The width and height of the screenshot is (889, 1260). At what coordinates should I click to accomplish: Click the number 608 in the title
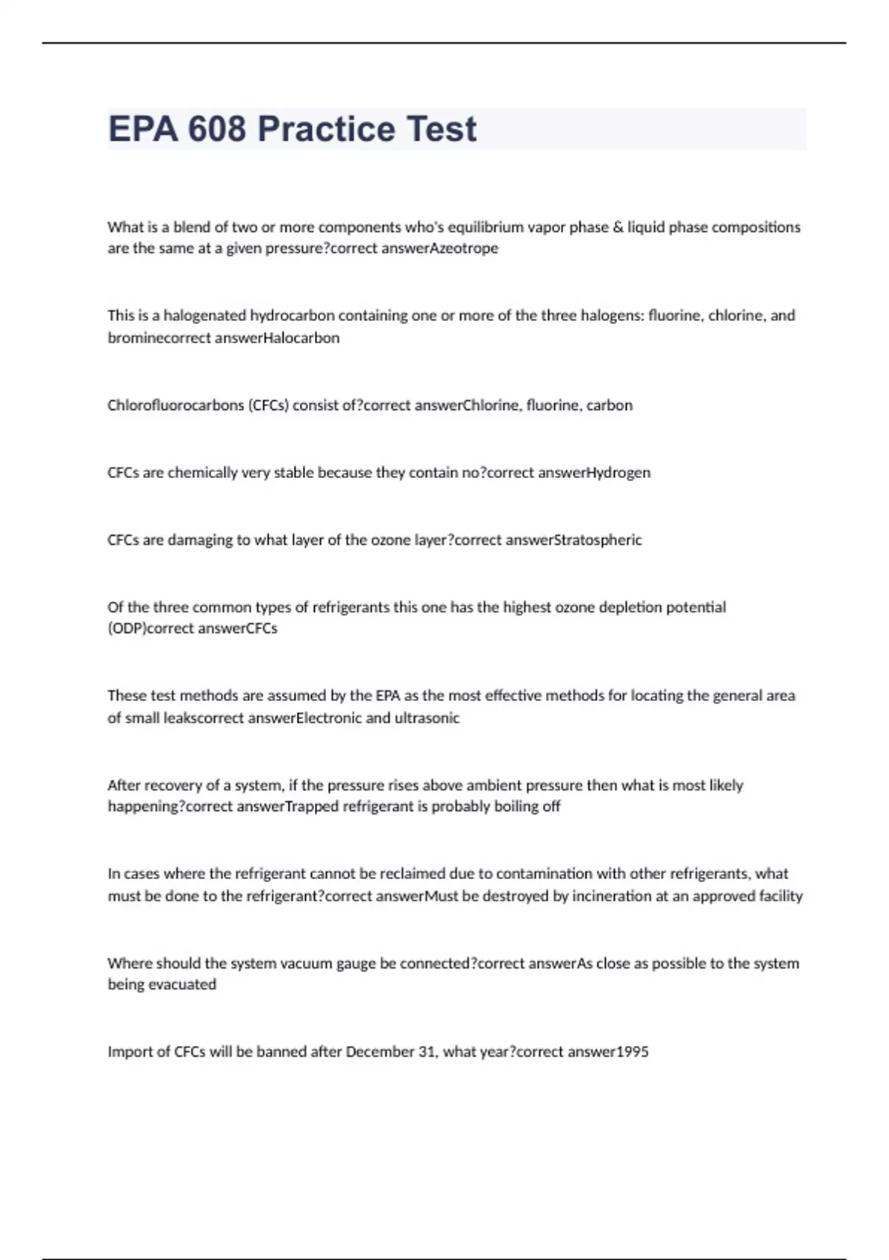coord(216,129)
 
